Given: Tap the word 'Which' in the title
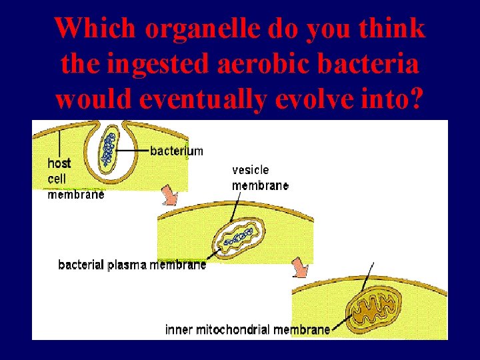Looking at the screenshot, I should [94, 29].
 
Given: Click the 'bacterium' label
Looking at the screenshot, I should [177, 151].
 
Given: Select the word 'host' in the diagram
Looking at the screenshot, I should [59, 163].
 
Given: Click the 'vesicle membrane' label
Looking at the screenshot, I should [260, 178].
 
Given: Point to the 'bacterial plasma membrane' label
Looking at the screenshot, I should [132, 265].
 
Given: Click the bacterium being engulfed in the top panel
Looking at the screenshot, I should [107, 150].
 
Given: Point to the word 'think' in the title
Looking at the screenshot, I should [397, 29].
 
